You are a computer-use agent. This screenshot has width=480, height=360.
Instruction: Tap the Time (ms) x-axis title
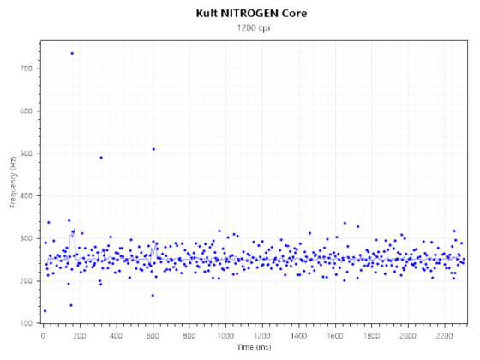pyautogui.click(x=255, y=348)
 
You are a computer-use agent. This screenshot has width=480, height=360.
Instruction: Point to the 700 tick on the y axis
pyautogui.click(x=27, y=69)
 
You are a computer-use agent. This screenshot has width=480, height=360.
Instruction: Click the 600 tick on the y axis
pyautogui.click(x=27, y=111)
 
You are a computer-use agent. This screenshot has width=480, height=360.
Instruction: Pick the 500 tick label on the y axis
pyautogui.click(x=27, y=153)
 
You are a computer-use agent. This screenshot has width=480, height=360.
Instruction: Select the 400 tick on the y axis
pyautogui.click(x=27, y=196)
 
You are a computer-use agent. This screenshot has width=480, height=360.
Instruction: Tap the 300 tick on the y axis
pyautogui.click(x=27, y=238)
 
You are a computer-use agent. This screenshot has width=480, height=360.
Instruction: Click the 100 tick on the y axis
pyautogui.click(x=27, y=323)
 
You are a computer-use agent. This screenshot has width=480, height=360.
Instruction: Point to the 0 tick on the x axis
pyautogui.click(x=44, y=336)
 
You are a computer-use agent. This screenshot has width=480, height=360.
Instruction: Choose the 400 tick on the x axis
pyautogui.click(x=117, y=336)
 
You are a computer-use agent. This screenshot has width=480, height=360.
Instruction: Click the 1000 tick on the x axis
pyautogui.click(x=226, y=336)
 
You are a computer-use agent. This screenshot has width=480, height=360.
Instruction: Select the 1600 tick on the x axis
pyautogui.click(x=336, y=336)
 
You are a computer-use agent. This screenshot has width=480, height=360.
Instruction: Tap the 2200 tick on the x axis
pyautogui.click(x=445, y=336)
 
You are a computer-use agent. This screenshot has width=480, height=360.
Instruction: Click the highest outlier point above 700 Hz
pyautogui.click(x=72, y=53)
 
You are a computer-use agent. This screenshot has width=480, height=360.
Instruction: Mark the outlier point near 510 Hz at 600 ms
pyautogui.click(x=153, y=149)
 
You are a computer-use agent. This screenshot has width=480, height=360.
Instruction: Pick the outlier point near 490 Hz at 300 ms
pyautogui.click(x=101, y=157)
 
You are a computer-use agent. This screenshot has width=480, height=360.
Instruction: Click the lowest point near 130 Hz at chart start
pyautogui.click(x=45, y=311)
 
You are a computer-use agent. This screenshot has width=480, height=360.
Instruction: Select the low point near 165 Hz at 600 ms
pyautogui.click(x=153, y=296)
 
